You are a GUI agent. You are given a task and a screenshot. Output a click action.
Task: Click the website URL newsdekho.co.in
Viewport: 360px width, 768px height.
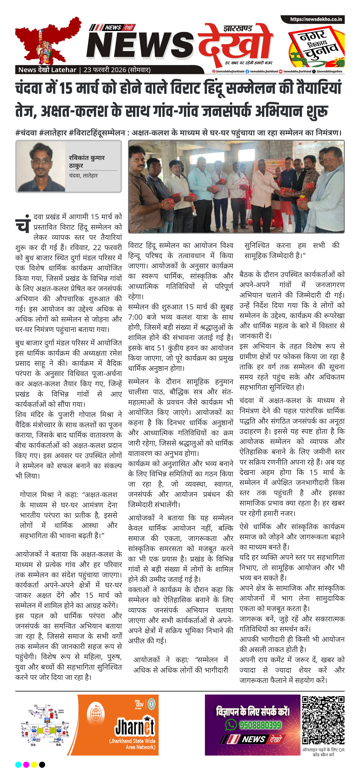pos(316,19)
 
